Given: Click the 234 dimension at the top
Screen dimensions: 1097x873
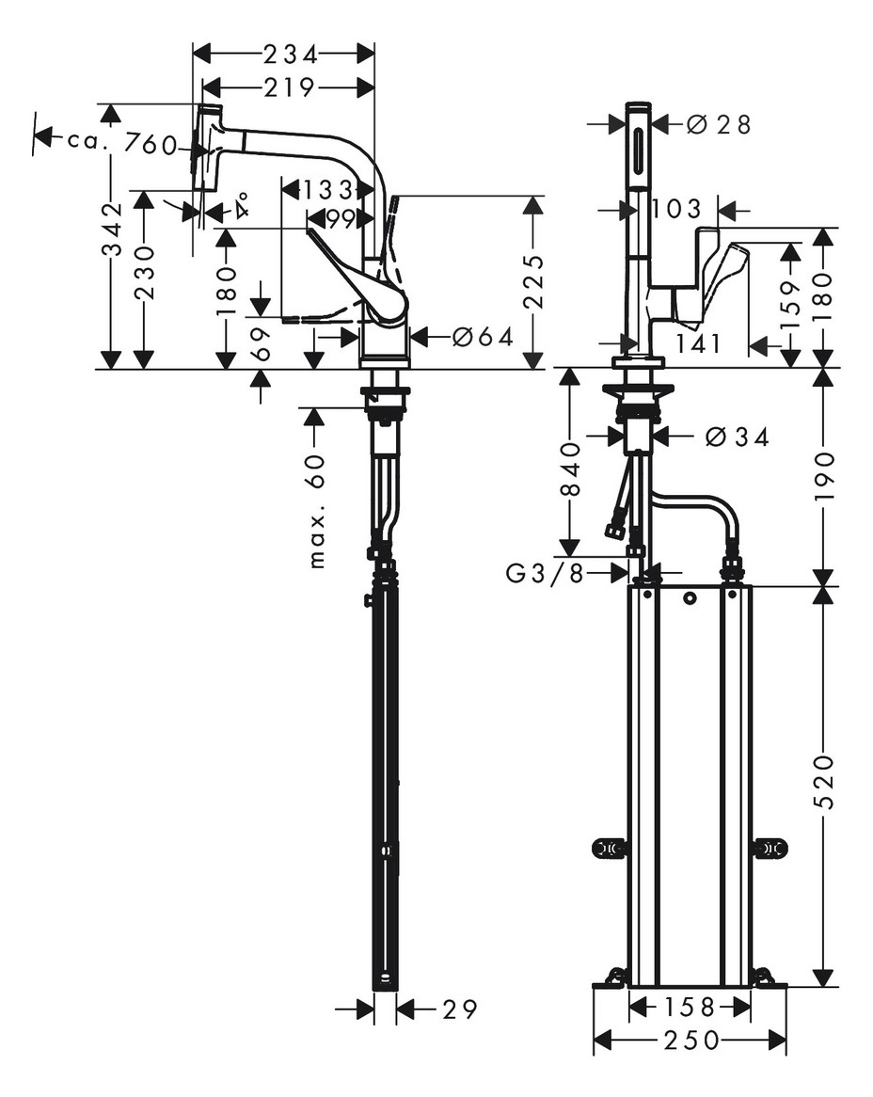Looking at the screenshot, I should click(x=289, y=53).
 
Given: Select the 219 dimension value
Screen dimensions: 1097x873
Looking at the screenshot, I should click(x=289, y=87).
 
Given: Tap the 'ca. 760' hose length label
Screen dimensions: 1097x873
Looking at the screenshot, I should click(x=121, y=142).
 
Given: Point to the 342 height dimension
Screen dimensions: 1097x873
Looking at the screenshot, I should click(x=112, y=230).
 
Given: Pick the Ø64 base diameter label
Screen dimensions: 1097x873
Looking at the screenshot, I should click(x=483, y=336).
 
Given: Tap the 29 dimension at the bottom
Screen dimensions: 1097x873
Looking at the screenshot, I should click(x=459, y=1010).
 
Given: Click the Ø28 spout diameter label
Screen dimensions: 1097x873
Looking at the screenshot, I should click(x=719, y=124).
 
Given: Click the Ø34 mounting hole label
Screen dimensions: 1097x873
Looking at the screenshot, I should click(x=736, y=437).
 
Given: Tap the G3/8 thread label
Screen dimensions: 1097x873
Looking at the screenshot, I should click(x=545, y=573).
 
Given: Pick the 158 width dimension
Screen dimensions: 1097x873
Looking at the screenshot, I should click(x=690, y=1008).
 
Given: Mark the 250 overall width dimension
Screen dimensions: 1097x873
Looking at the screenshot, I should click(x=690, y=1040).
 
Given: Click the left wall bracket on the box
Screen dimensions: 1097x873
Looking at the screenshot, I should click(x=609, y=849).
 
